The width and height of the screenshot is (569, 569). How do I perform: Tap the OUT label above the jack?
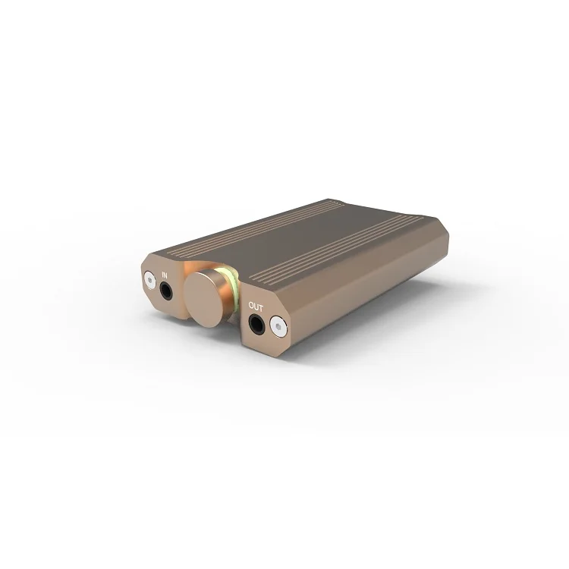coord(256,307)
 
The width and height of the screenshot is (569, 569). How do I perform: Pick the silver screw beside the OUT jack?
coord(279,329)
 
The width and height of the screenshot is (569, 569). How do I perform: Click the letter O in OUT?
coord(251,307)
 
